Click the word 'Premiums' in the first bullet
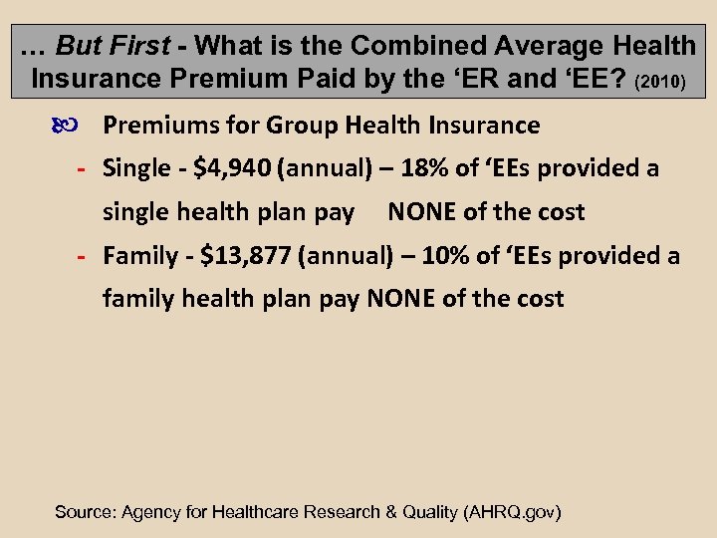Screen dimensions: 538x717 point(152,126)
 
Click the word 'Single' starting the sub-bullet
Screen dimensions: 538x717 point(136,168)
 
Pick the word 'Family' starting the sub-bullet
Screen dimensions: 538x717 point(140,256)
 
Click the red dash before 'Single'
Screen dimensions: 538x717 point(85,169)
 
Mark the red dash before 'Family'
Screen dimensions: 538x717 point(85,257)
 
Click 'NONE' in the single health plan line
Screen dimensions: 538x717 point(419,212)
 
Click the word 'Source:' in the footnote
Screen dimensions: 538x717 point(84,512)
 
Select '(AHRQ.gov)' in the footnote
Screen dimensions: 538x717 point(513,512)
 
